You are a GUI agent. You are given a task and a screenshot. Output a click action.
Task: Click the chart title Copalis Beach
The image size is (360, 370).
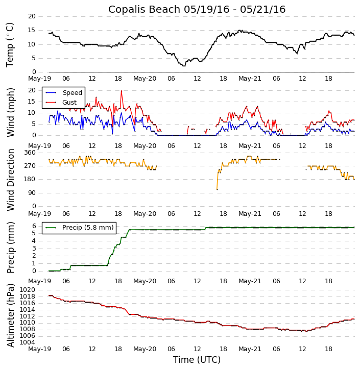(197, 10)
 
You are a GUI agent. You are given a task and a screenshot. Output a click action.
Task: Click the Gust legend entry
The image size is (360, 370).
(69, 103)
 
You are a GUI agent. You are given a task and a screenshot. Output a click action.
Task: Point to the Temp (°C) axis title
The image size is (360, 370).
(10, 44)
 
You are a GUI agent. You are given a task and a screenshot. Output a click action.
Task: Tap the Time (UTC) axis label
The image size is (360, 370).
(197, 360)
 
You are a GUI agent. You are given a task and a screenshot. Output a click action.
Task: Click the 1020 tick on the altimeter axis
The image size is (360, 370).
(28, 290)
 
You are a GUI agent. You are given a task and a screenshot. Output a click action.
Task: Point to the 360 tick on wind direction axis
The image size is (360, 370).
(30, 153)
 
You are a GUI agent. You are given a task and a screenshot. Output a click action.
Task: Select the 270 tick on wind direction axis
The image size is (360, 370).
(30, 166)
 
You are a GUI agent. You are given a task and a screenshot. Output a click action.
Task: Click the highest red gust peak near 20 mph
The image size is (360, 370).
(122, 91)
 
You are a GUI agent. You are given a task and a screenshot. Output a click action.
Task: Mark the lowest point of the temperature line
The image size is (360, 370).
(184, 66)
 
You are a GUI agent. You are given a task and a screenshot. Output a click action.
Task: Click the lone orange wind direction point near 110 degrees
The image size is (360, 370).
(217, 189)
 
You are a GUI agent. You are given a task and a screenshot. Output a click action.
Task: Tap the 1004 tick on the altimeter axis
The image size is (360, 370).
(28, 342)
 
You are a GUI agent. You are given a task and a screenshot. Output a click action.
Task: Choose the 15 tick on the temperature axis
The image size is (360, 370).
(32, 30)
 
